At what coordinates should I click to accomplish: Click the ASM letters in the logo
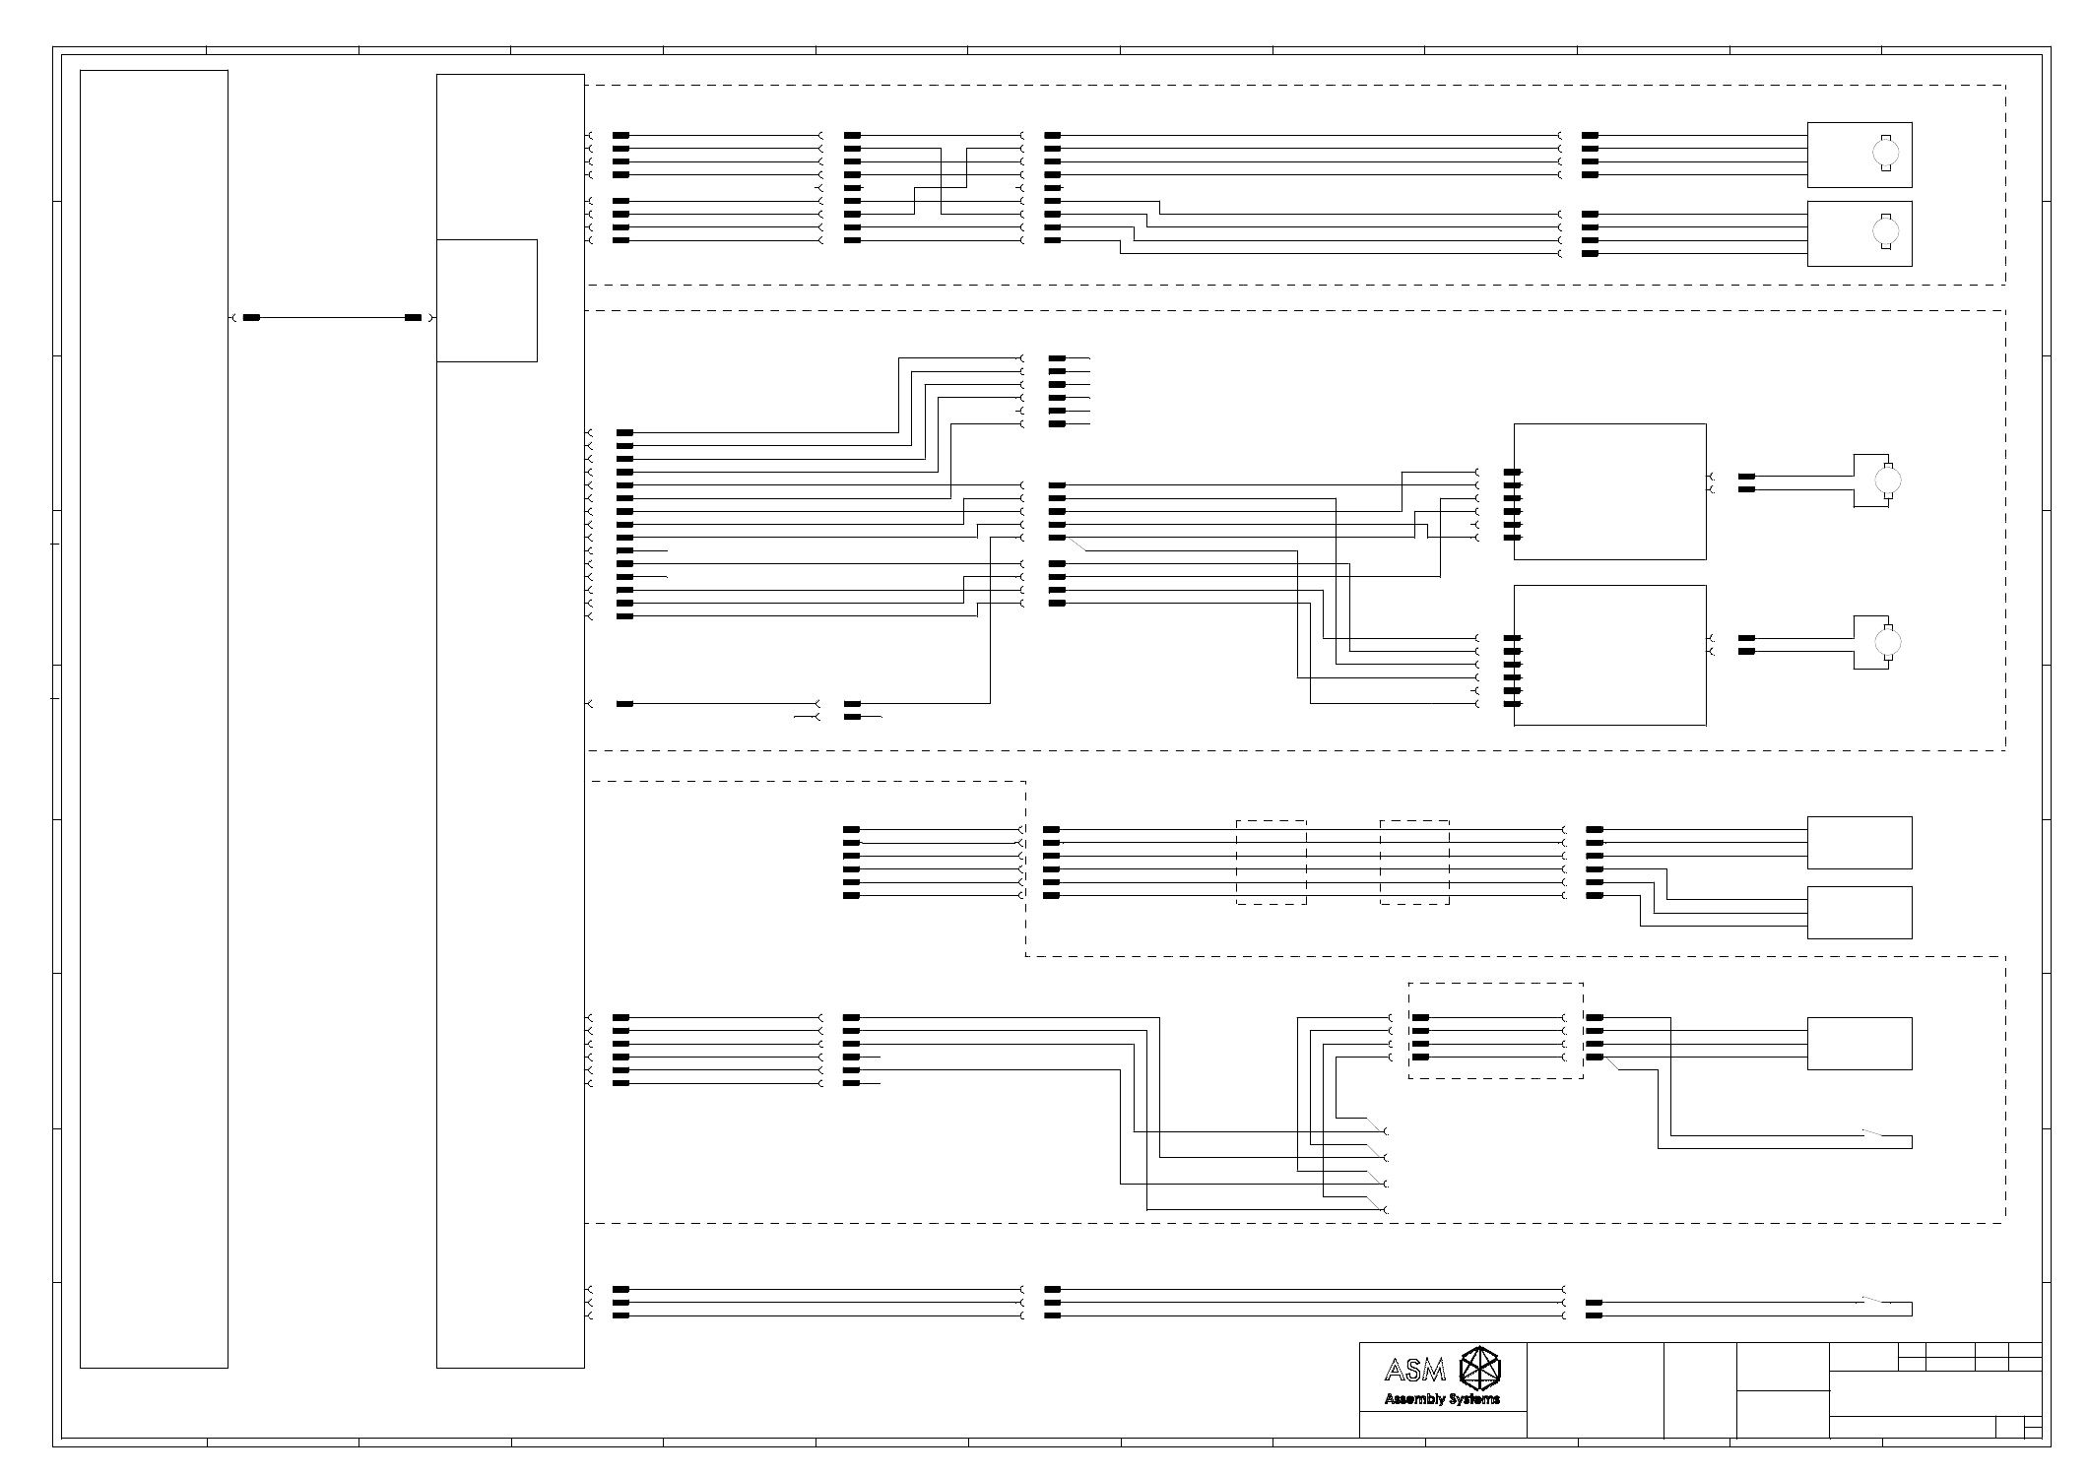[x=1414, y=1369]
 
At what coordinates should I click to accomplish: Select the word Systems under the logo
[x=1473, y=1399]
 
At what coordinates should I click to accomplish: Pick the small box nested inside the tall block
[x=487, y=300]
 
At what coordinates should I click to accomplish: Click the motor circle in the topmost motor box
[x=1886, y=153]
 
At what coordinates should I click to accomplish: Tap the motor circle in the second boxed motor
[x=1886, y=231]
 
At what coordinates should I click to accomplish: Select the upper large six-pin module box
[x=1609, y=491]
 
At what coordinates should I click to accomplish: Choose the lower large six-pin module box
[x=1609, y=655]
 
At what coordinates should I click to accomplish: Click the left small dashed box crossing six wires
[x=1271, y=863]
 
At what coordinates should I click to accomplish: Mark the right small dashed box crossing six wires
[x=1414, y=863]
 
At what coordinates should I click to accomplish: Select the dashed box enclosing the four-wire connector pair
[x=1495, y=1031]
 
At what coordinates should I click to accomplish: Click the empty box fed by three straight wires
[x=1859, y=843]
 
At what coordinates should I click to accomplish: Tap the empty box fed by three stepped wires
[x=1859, y=913]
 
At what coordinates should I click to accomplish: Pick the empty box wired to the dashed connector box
[x=1859, y=1044]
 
